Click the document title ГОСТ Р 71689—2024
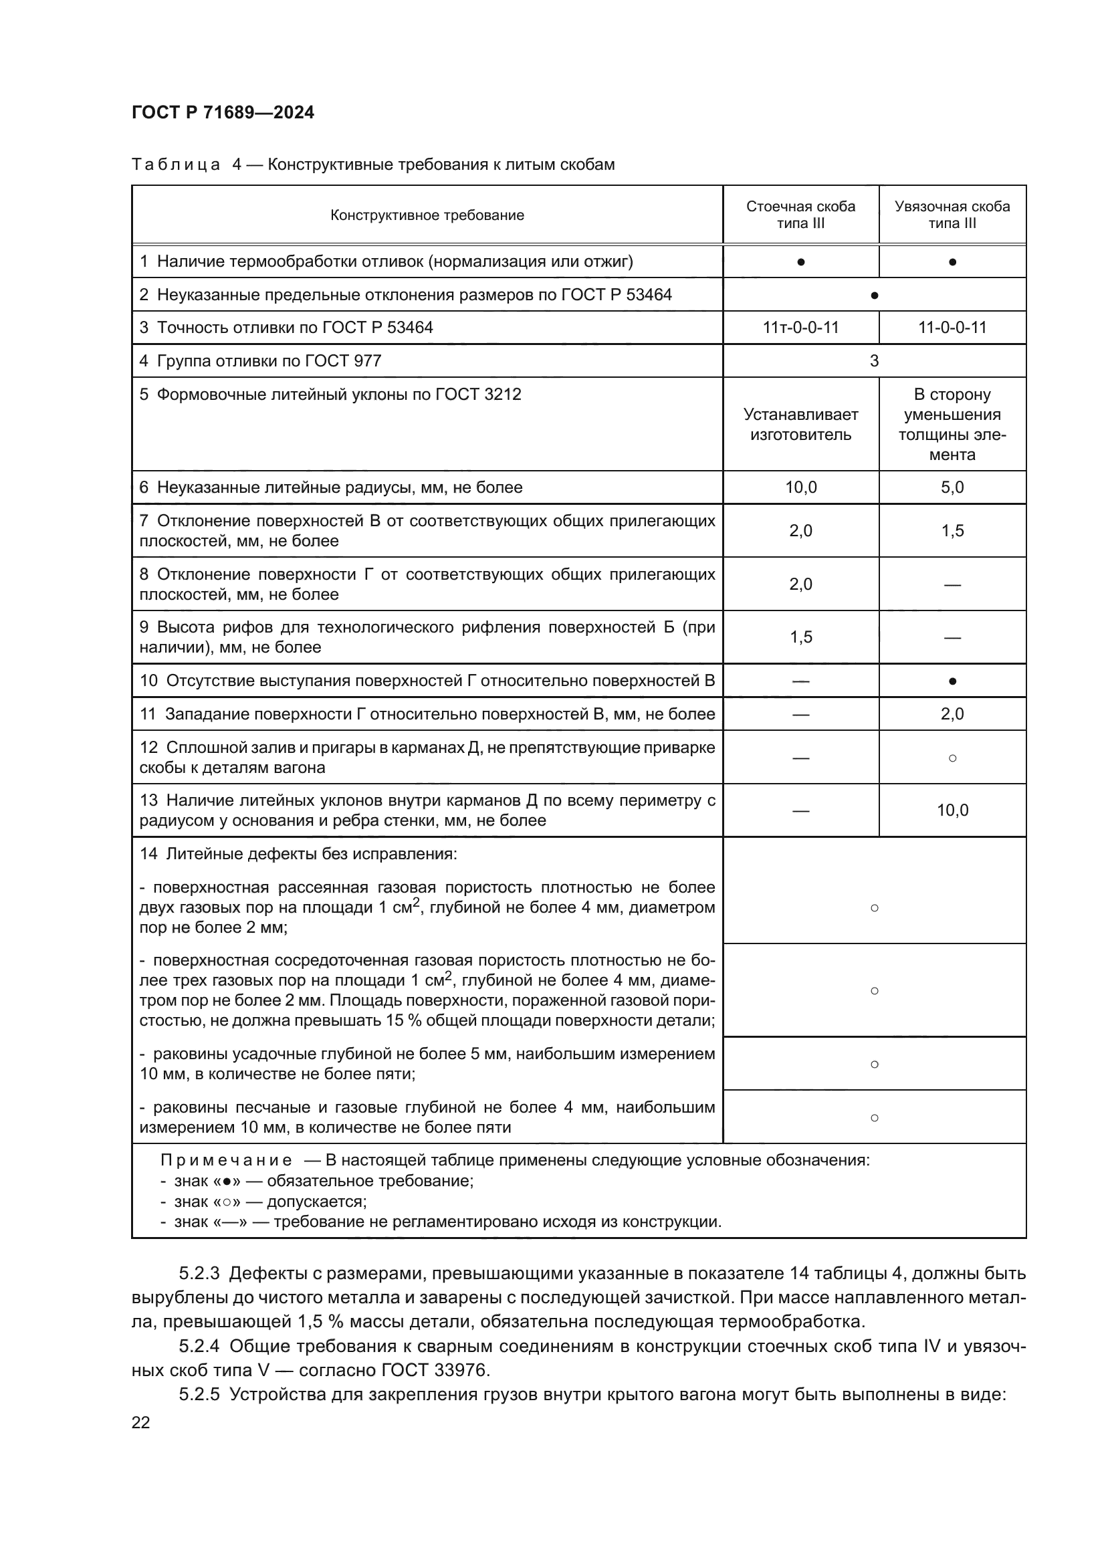click(x=223, y=112)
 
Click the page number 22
click(x=141, y=1422)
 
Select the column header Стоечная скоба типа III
click(x=800, y=215)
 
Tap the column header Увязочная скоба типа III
click(x=952, y=215)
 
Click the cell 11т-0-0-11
click(x=800, y=328)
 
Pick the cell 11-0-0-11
click(x=952, y=328)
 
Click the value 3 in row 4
click(x=875, y=361)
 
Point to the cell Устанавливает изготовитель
click(x=800, y=425)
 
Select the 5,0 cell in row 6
click(x=952, y=487)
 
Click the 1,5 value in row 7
click(x=952, y=531)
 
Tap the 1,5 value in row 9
click(x=800, y=637)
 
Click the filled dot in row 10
click(x=952, y=681)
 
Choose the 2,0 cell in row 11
click(x=952, y=714)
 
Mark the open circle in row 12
click(x=952, y=758)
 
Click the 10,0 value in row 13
click(x=952, y=810)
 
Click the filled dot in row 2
click(x=875, y=296)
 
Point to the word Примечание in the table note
click(x=226, y=1160)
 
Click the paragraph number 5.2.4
click(x=199, y=1347)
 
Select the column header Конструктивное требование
click(x=427, y=215)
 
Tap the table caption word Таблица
click(x=176, y=165)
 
